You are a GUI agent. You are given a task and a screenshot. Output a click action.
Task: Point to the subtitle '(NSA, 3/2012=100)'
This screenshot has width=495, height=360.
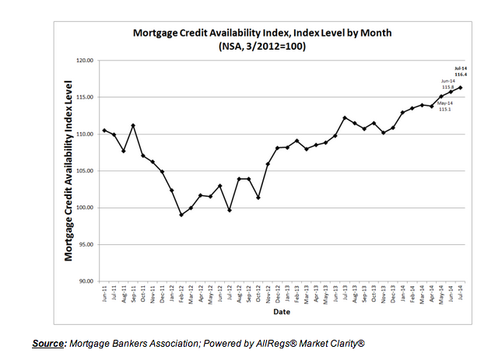click(x=256, y=47)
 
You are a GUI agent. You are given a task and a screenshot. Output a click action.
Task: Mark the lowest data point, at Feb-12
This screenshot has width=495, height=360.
click(x=181, y=215)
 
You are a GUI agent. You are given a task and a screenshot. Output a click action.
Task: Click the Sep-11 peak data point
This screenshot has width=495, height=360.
click(x=133, y=125)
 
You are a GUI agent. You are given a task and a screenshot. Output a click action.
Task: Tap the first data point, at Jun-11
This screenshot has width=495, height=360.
click(x=104, y=130)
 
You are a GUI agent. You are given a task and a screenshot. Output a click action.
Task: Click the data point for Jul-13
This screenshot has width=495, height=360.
click(x=345, y=117)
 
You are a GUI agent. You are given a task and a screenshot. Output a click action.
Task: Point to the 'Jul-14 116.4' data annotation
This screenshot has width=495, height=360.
click(x=460, y=73)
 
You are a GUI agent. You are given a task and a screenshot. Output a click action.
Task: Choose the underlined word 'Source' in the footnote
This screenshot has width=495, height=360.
click(x=48, y=343)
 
